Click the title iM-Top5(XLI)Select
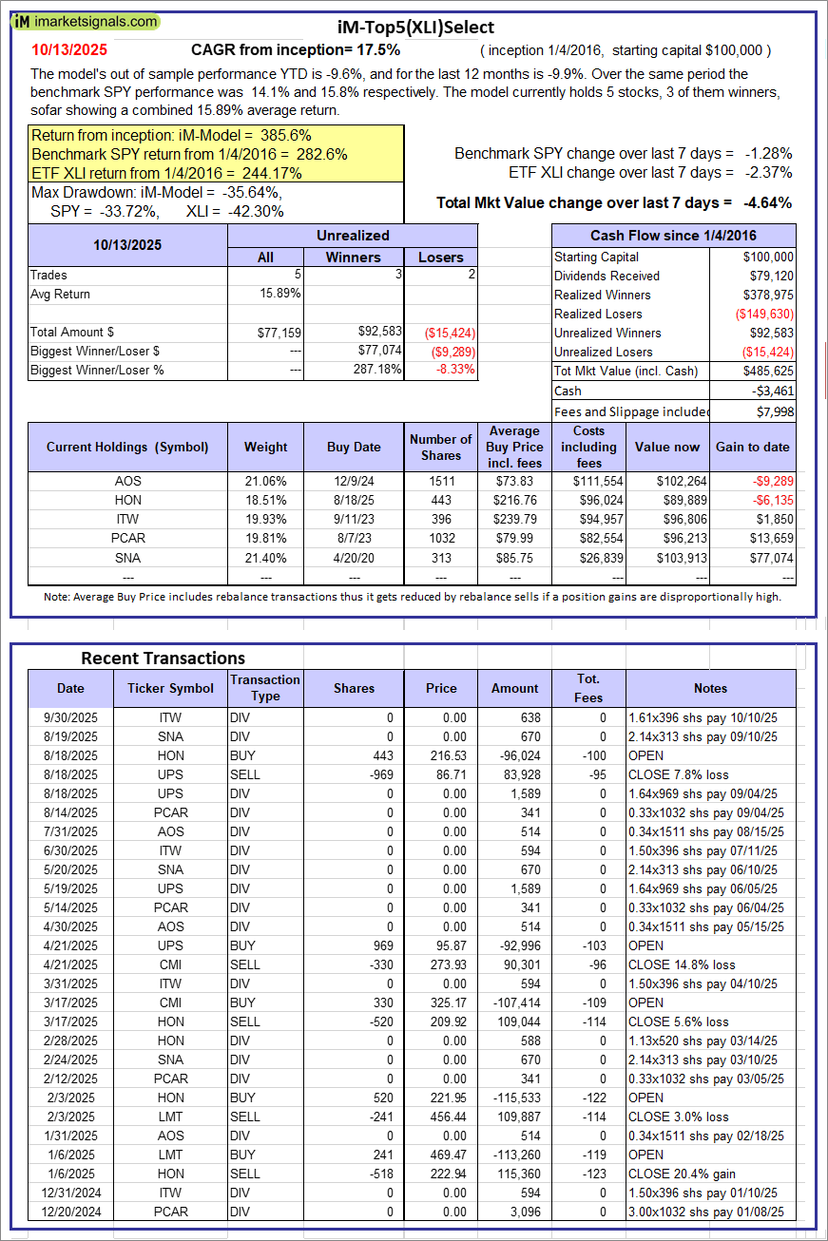click(x=414, y=28)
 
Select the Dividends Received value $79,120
click(x=768, y=276)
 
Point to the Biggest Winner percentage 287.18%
click(x=376, y=370)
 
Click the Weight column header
click(x=265, y=447)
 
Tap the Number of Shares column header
click(x=440, y=447)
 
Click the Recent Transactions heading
click(x=163, y=658)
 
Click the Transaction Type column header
click(x=265, y=688)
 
